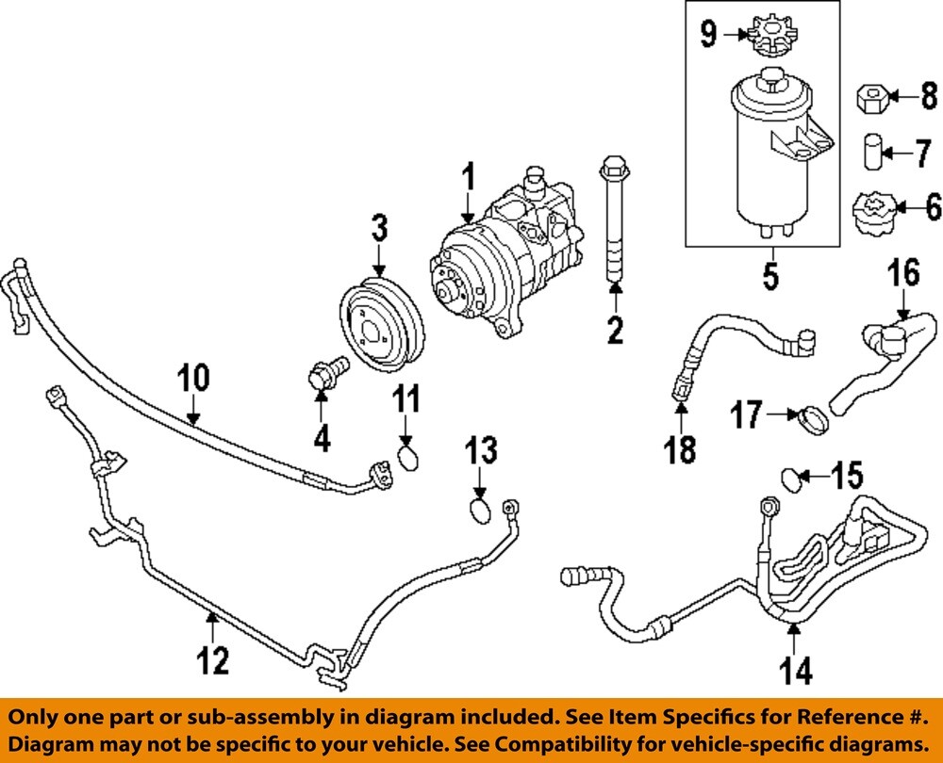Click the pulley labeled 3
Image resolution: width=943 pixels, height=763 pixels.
[382, 324]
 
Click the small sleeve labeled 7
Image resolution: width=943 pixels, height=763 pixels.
[872, 151]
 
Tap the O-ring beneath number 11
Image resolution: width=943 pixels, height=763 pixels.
[408, 458]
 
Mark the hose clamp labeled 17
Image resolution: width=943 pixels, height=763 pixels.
[814, 419]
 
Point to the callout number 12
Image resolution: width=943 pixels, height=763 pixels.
[213, 660]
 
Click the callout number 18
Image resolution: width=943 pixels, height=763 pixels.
[681, 448]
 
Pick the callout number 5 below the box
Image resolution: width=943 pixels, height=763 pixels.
[770, 278]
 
